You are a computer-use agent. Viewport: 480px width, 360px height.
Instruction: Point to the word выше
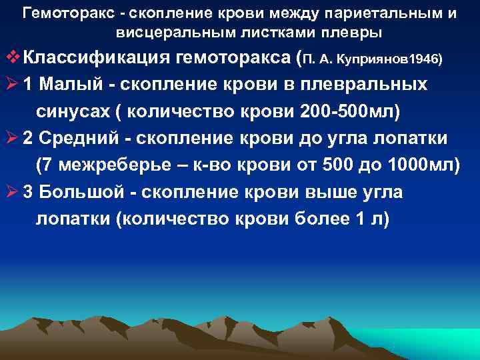pos(326,191)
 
